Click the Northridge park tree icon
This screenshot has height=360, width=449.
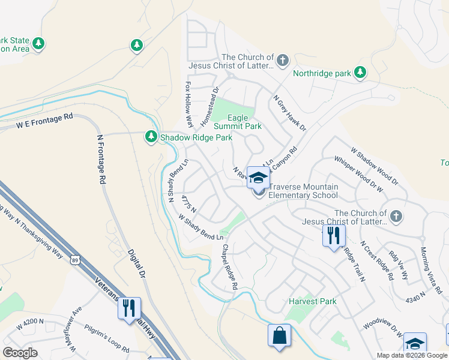point(360,73)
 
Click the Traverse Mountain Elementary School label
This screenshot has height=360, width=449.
point(303,191)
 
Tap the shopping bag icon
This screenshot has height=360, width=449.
point(280,335)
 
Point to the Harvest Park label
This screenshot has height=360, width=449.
point(312,301)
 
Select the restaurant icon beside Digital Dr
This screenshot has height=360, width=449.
point(129,308)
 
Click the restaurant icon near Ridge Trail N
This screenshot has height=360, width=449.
point(333,235)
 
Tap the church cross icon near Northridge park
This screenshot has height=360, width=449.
point(283,61)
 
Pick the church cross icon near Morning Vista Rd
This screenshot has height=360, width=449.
point(396,217)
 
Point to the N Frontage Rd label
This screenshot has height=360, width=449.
point(101,158)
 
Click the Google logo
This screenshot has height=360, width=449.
point(20,353)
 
